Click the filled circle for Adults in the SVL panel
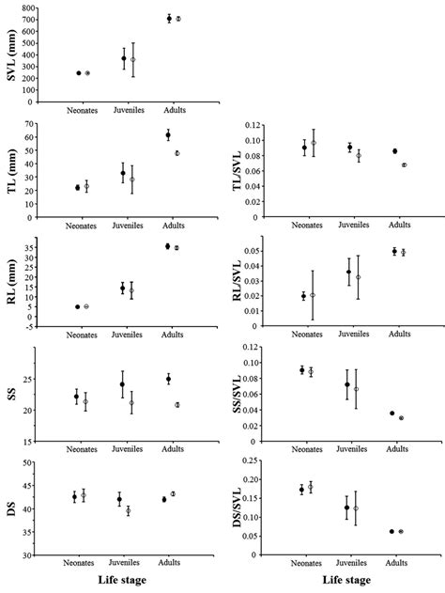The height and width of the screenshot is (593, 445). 169,18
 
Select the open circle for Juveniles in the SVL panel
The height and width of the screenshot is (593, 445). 132,59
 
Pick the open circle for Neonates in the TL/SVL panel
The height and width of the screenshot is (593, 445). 314,143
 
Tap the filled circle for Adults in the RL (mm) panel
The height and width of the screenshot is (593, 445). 168,246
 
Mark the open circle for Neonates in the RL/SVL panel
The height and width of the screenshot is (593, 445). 313,295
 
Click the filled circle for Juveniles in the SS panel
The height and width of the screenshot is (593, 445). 122,384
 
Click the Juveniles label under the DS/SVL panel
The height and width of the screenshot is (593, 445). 351,565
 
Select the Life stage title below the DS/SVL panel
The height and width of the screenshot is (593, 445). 353,583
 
